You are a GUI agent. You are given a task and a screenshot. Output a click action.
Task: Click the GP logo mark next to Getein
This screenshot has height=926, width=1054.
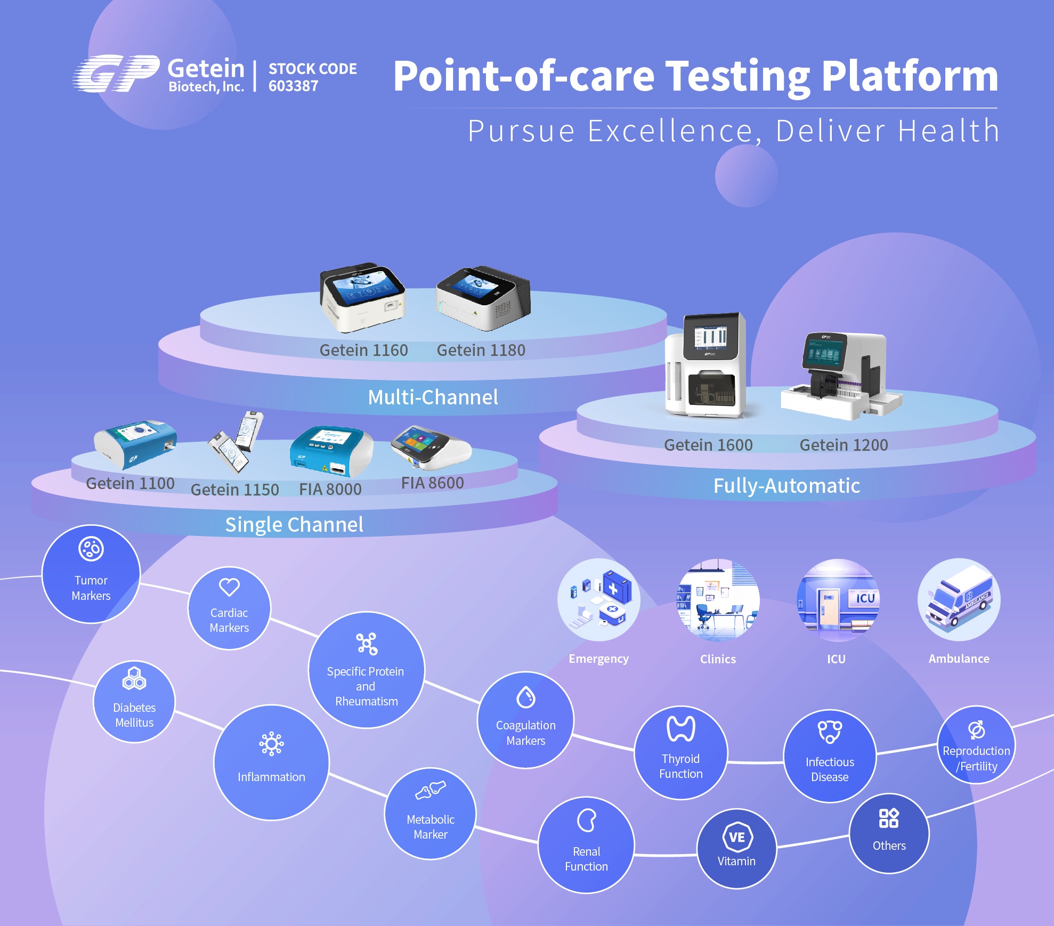[116, 74]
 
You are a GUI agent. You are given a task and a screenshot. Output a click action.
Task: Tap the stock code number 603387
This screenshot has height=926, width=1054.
[293, 86]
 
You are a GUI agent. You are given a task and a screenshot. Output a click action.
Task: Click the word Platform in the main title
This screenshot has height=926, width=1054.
[909, 76]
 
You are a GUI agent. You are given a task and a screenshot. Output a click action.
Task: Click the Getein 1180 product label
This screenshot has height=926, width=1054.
[481, 351]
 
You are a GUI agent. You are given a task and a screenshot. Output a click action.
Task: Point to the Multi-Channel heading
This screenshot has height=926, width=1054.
[433, 397]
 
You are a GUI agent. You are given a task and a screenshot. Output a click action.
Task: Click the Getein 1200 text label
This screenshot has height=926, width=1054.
[844, 445]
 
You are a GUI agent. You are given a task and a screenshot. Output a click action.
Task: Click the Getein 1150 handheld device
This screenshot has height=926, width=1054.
[236, 442]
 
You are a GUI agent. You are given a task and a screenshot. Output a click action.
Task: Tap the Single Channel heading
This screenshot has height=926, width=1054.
[294, 525]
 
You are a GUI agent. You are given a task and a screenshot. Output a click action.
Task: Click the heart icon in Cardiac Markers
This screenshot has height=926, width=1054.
[229, 587]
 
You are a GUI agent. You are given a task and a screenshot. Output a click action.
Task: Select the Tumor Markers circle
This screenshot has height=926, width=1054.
[91, 574]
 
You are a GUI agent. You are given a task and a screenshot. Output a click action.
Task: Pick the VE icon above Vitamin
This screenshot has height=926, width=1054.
[737, 837]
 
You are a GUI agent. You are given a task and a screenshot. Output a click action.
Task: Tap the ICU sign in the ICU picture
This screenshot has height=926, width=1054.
[865, 598]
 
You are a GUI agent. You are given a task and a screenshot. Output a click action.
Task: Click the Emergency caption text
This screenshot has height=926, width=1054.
[598, 659]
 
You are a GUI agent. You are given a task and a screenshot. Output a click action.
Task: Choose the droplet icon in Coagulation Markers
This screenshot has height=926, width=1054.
[525, 697]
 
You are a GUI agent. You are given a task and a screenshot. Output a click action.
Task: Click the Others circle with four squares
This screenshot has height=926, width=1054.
[889, 833]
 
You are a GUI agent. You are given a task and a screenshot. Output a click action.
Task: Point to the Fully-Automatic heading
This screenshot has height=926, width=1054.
[787, 486]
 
